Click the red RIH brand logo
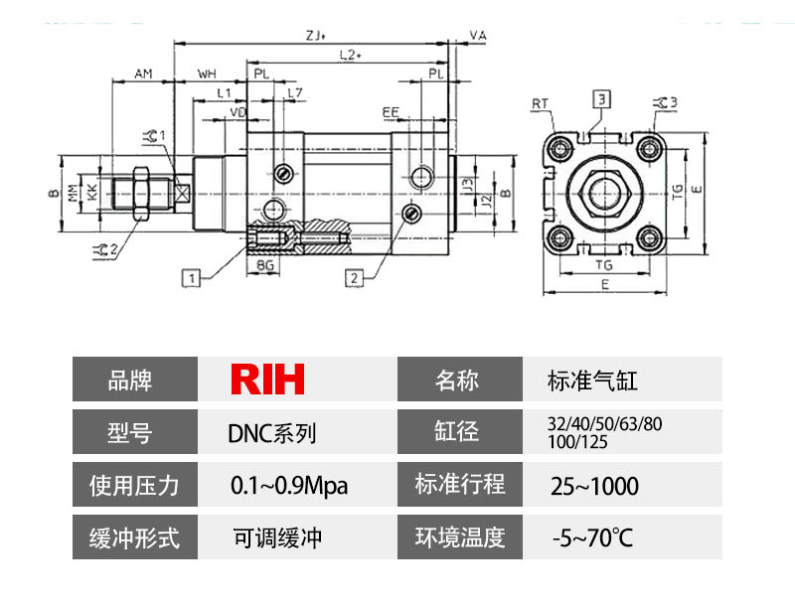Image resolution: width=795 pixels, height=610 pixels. pos(267,379)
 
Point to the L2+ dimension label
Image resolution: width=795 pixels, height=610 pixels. pos(349,56)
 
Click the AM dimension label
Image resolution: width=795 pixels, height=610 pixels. pos(143,74)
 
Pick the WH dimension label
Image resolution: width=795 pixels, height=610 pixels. pos(208,74)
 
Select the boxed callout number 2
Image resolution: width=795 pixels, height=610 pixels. pos(353,277)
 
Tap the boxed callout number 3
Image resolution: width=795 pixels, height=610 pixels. pos(603,97)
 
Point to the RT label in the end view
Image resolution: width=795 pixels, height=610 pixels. pos(541,102)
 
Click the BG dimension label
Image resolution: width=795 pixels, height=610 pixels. pos(265,266)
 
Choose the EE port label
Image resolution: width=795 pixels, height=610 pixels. pos(391,113)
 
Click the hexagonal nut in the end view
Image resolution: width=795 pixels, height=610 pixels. pos(604,192)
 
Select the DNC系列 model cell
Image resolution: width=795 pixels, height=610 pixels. pos(271,433)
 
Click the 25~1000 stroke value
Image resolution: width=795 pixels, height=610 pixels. pos(594,486)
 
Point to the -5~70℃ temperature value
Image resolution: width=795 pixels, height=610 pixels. pos(592,539)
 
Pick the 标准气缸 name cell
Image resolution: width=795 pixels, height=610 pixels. pos(592,380)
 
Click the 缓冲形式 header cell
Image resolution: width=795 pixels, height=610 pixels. pos(134,538)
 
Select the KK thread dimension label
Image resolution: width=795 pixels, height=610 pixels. pos(92,193)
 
